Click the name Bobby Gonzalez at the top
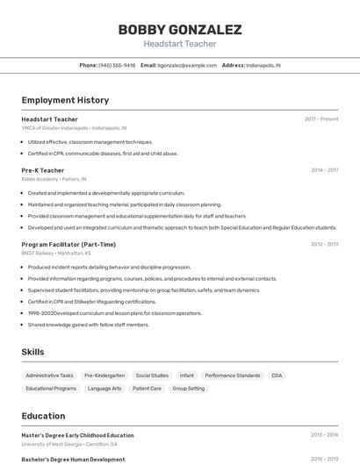(x=179, y=30)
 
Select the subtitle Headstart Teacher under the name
(x=179, y=44)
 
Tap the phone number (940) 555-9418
(x=117, y=65)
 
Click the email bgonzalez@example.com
(x=187, y=65)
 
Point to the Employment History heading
(x=65, y=100)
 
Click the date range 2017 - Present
(x=321, y=118)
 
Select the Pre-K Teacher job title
(x=43, y=170)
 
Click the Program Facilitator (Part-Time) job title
(x=68, y=244)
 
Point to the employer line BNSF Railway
(x=53, y=253)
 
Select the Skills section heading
(x=32, y=352)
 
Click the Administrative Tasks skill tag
(x=49, y=375)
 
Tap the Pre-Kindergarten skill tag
(x=104, y=375)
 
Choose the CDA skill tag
(x=277, y=375)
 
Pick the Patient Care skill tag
(x=147, y=388)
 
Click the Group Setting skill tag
(x=188, y=388)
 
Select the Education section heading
(x=43, y=416)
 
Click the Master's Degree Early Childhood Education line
(x=78, y=435)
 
